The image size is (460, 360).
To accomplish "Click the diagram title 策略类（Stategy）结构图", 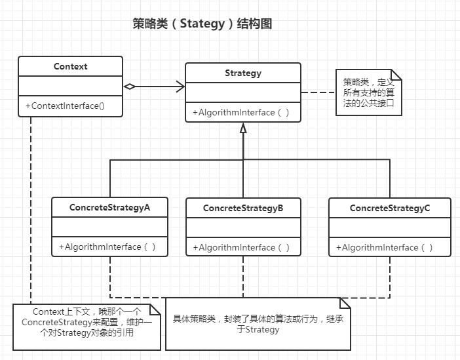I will click(x=202, y=24).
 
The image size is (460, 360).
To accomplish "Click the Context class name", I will click(x=70, y=66).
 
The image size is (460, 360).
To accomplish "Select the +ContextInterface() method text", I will click(x=65, y=106).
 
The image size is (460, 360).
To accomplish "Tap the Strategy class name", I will click(x=242, y=73).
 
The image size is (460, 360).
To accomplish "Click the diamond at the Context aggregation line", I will click(x=130, y=86).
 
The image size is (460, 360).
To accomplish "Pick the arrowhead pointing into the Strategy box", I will click(x=180, y=86).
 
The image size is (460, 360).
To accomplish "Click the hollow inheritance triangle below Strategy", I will click(x=243, y=129).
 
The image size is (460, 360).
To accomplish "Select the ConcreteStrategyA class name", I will click(x=109, y=207).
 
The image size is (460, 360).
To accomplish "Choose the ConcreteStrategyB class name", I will click(x=243, y=208).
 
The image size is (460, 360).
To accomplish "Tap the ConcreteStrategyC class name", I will click(x=390, y=208).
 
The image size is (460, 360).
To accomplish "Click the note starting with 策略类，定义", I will click(x=368, y=92).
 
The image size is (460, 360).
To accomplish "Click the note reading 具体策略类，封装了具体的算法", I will click(x=258, y=323).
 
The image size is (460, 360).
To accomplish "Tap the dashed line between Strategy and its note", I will click(x=318, y=92).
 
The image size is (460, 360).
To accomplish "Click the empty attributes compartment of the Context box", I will click(x=70, y=86).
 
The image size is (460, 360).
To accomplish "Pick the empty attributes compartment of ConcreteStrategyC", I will click(x=390, y=228).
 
